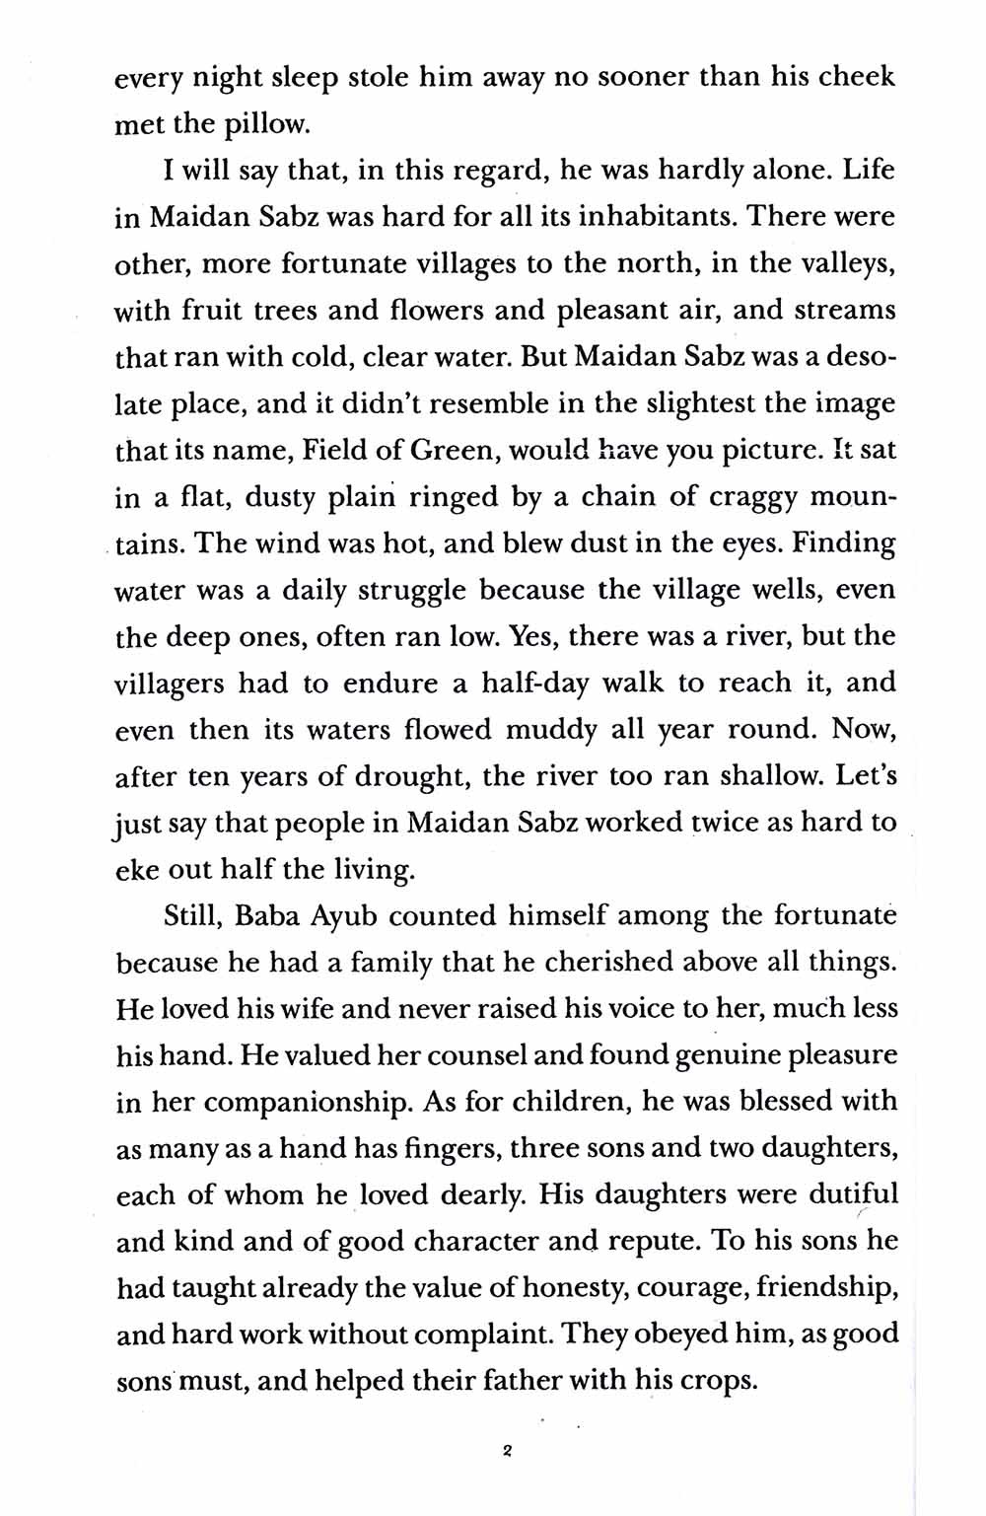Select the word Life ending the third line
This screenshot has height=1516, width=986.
[x=869, y=170]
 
